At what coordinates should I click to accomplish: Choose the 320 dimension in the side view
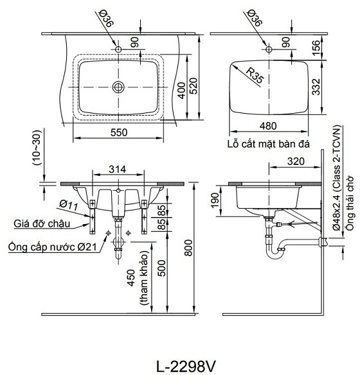click(x=295, y=162)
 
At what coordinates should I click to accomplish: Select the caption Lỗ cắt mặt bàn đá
click(x=268, y=144)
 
